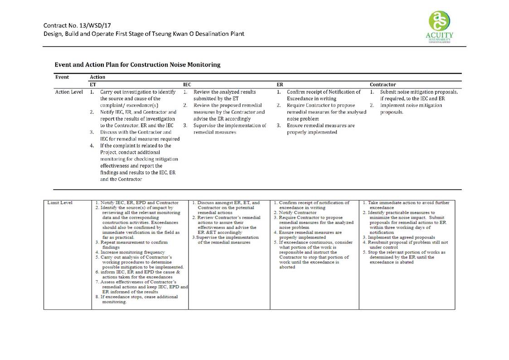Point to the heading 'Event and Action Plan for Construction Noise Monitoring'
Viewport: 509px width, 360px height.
tap(137, 65)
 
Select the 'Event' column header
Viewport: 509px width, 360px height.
tap(62, 77)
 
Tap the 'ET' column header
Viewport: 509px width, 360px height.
tap(93, 84)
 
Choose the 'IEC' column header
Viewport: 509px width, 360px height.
tap(187, 84)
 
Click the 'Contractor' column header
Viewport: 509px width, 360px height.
tap(383, 84)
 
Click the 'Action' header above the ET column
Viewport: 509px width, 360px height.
tap(97, 77)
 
